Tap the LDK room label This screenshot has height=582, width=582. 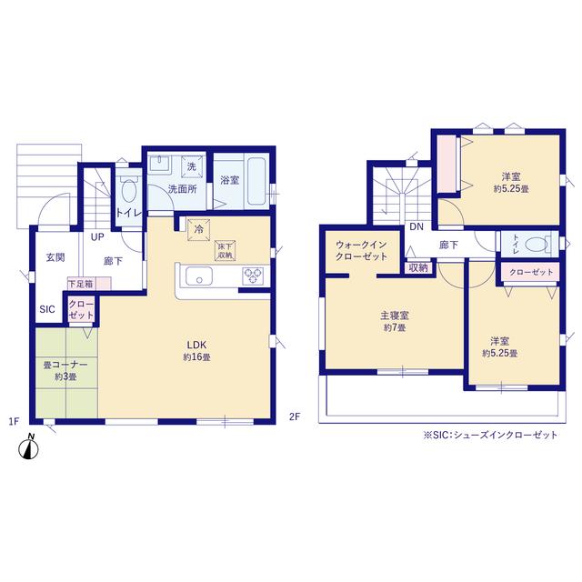pyautogui.click(x=196, y=345)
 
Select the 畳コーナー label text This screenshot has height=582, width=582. pyautogui.click(x=65, y=365)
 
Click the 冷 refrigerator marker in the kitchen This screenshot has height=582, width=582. pyautogui.click(x=199, y=230)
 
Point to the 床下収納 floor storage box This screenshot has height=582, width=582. pyautogui.click(x=225, y=251)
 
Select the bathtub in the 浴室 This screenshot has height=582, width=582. pyautogui.click(x=256, y=182)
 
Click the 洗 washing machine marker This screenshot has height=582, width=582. pyautogui.click(x=192, y=166)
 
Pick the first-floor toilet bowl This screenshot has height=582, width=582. pyautogui.click(x=129, y=191)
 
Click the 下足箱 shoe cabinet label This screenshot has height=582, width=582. pyautogui.click(x=81, y=285)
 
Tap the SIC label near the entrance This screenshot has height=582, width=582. pyautogui.click(x=47, y=309)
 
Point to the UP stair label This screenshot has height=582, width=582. pyautogui.click(x=97, y=236)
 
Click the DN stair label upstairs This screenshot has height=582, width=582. pyautogui.click(x=416, y=226)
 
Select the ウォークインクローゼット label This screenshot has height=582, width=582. pyautogui.click(x=362, y=251)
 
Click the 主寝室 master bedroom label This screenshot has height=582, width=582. pyautogui.click(x=395, y=316)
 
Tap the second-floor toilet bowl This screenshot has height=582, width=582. pyautogui.click(x=537, y=245)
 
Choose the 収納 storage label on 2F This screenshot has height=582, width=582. pyautogui.click(x=418, y=267)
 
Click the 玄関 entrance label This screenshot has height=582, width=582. pyautogui.click(x=55, y=257)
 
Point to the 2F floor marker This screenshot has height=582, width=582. pyautogui.click(x=295, y=416)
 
